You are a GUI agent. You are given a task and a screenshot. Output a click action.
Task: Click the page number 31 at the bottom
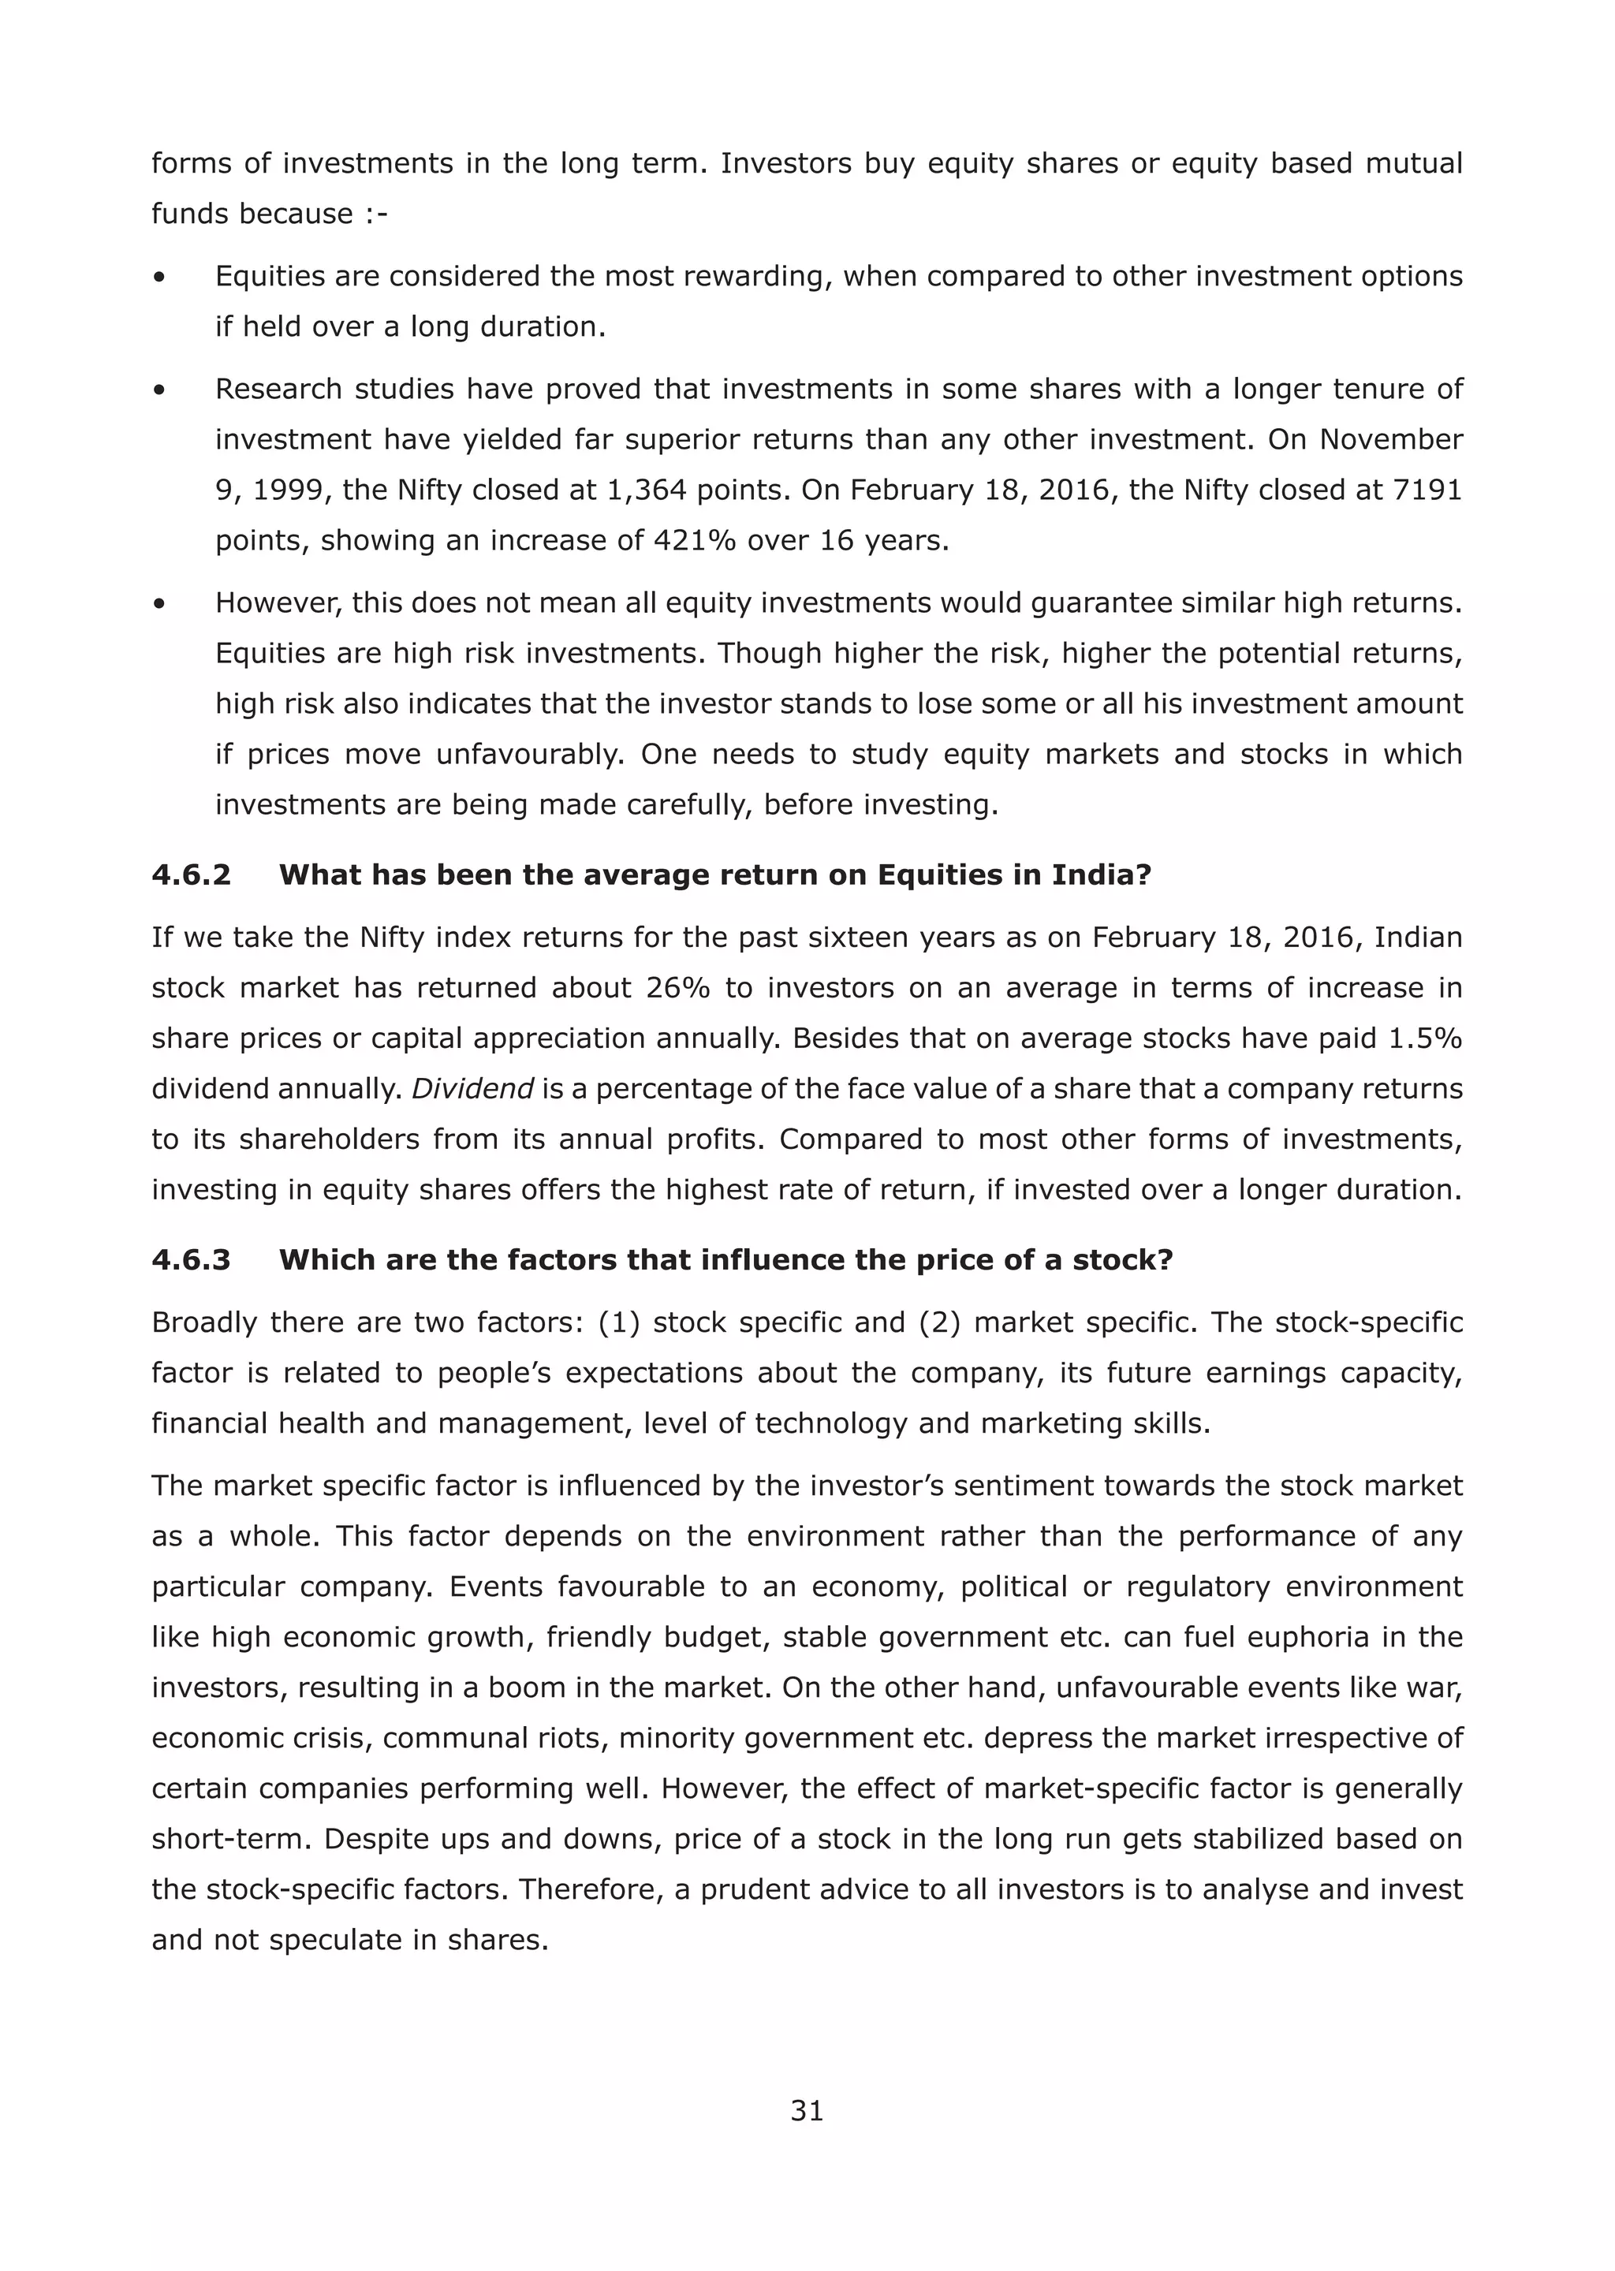coord(807,2110)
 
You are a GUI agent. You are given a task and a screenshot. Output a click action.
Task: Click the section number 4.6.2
coord(191,875)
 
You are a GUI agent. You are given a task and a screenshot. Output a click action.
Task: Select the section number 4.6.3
coord(191,1260)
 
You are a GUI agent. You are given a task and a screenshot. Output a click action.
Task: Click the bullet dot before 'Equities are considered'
coord(159,278)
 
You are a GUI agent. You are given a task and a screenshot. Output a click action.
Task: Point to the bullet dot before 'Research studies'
coord(159,390)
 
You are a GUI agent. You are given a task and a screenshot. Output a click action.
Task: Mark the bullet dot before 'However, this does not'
coord(159,603)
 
